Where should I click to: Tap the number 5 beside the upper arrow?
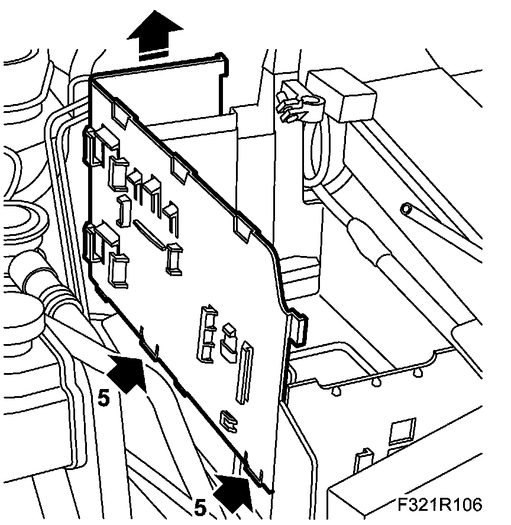pyautogui.click(x=104, y=398)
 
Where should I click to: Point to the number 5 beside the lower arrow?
pyautogui.click(x=200, y=508)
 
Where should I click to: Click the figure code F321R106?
pyautogui.click(x=440, y=505)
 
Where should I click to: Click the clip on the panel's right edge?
pyautogui.click(x=299, y=328)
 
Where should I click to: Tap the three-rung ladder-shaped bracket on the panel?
pyautogui.click(x=208, y=333)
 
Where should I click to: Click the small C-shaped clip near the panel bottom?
pyautogui.click(x=227, y=419)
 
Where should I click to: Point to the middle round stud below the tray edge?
pyautogui.click(x=376, y=381)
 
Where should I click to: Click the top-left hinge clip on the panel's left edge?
pyautogui.click(x=93, y=145)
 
